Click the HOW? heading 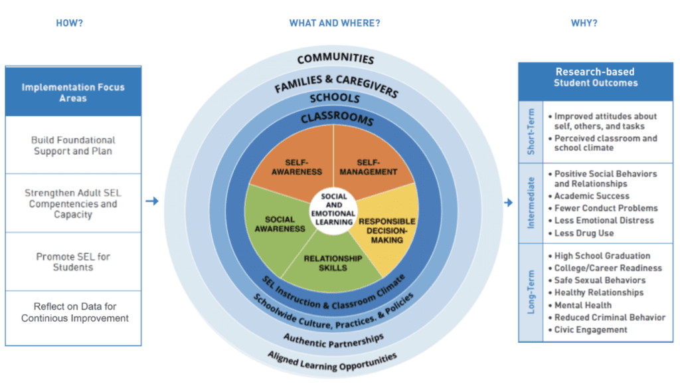pyautogui.click(x=69, y=23)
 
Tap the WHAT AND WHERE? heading pyautogui.click(x=335, y=23)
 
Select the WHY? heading pyautogui.click(x=584, y=23)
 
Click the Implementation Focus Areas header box pyautogui.click(x=73, y=92)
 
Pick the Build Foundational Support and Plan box pyautogui.click(x=73, y=145)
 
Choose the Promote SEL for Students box pyautogui.click(x=73, y=262)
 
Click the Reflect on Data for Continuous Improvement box pyautogui.click(x=73, y=318)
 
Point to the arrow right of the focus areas pyautogui.click(x=152, y=201)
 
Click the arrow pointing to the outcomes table pyautogui.click(x=508, y=202)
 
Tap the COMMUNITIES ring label pyautogui.click(x=335, y=58)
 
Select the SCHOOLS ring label pyautogui.click(x=335, y=98)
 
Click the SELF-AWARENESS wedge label pyautogui.click(x=297, y=167)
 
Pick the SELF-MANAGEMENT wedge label pyautogui.click(x=368, y=167)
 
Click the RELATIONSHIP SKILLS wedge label pyautogui.click(x=333, y=263)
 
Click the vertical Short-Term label pyautogui.click(x=531, y=132)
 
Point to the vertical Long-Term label pyautogui.click(x=531, y=292)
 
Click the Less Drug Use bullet pyautogui.click(x=581, y=233)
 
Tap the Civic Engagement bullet pyautogui.click(x=588, y=330)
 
